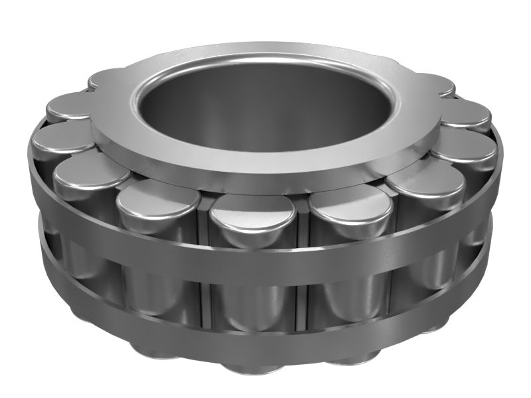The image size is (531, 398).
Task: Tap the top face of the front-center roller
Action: click(253, 212)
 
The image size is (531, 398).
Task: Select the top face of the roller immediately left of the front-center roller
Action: click(158, 199)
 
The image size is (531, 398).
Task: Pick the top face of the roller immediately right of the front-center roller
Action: click(350, 202)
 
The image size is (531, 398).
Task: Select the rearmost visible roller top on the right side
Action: click(435, 83)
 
